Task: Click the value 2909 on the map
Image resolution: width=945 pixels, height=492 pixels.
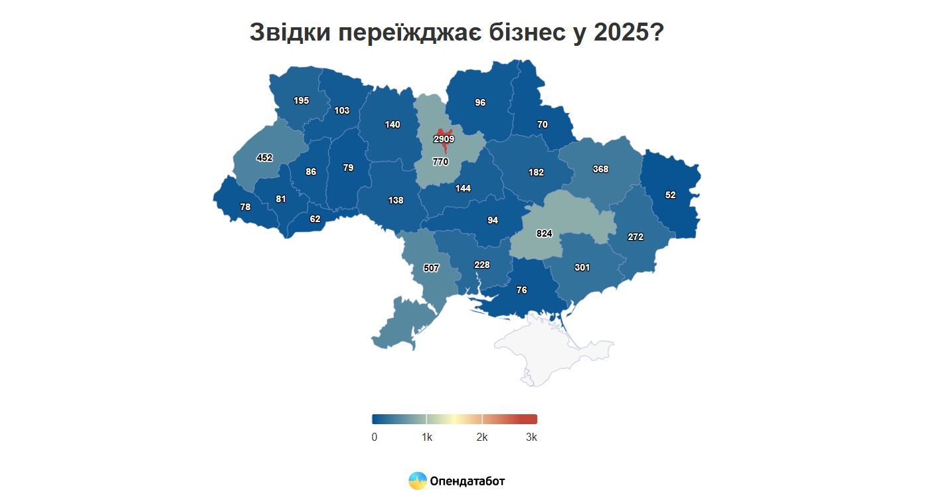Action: [444, 139]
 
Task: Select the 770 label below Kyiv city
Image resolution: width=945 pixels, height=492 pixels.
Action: [440, 162]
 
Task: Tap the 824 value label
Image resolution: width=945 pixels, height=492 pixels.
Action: [544, 233]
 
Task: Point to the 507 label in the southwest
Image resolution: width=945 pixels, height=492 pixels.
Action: [431, 268]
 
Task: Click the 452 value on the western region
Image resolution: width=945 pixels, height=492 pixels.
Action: [264, 158]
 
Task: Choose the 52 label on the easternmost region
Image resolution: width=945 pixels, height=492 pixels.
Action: [670, 195]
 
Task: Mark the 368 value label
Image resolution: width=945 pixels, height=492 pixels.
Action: [600, 169]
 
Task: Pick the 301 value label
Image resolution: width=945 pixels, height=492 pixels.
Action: [582, 267]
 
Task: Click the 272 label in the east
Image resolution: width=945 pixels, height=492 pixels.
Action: [636, 237]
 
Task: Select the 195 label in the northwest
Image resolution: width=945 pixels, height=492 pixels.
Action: [301, 100]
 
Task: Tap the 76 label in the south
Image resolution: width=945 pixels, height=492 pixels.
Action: [521, 290]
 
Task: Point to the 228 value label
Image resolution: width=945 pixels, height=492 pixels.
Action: [481, 265]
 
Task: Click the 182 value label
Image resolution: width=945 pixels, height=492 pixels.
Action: [536, 172]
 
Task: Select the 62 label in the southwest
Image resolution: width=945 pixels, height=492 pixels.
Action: [315, 218]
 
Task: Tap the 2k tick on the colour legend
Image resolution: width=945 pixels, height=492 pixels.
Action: [482, 437]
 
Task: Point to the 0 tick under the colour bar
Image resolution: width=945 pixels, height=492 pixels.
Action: [375, 437]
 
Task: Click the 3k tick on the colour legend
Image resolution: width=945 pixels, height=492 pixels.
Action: [531, 437]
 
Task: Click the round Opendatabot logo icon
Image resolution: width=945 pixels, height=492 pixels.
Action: [418, 481]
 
